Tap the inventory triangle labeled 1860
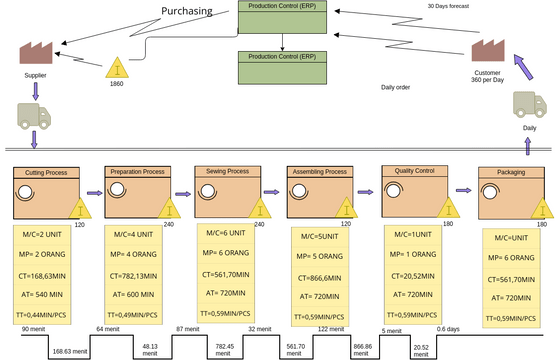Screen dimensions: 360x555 [118, 68]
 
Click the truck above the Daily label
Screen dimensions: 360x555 [529, 105]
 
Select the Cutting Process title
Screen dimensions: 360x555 [45, 173]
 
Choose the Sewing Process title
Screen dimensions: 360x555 [228, 172]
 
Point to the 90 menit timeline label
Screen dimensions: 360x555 [32, 329]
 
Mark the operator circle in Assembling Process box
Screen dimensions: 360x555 [303, 191]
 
